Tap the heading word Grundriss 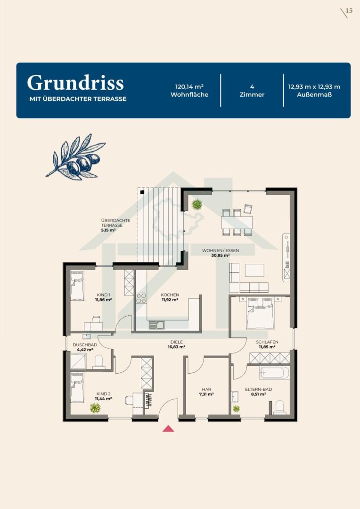click(x=75, y=83)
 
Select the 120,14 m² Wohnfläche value click(x=189, y=87)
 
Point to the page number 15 click(x=349, y=11)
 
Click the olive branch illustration click(x=76, y=157)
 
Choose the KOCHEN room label click(x=170, y=295)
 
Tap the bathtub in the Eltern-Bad click(x=274, y=373)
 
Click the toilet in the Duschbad click(x=98, y=362)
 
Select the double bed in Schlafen click(x=261, y=313)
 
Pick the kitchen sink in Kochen click(x=157, y=325)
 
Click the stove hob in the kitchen click(x=141, y=298)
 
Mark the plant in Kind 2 click(x=95, y=407)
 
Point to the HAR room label click(x=206, y=389)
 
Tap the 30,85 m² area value click(x=221, y=255)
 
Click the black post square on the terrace click(x=142, y=192)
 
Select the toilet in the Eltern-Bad click(x=279, y=407)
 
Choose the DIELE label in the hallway click(x=177, y=342)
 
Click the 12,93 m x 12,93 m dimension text click(x=314, y=87)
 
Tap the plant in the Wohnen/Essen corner click(x=196, y=205)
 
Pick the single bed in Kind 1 click(x=77, y=285)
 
